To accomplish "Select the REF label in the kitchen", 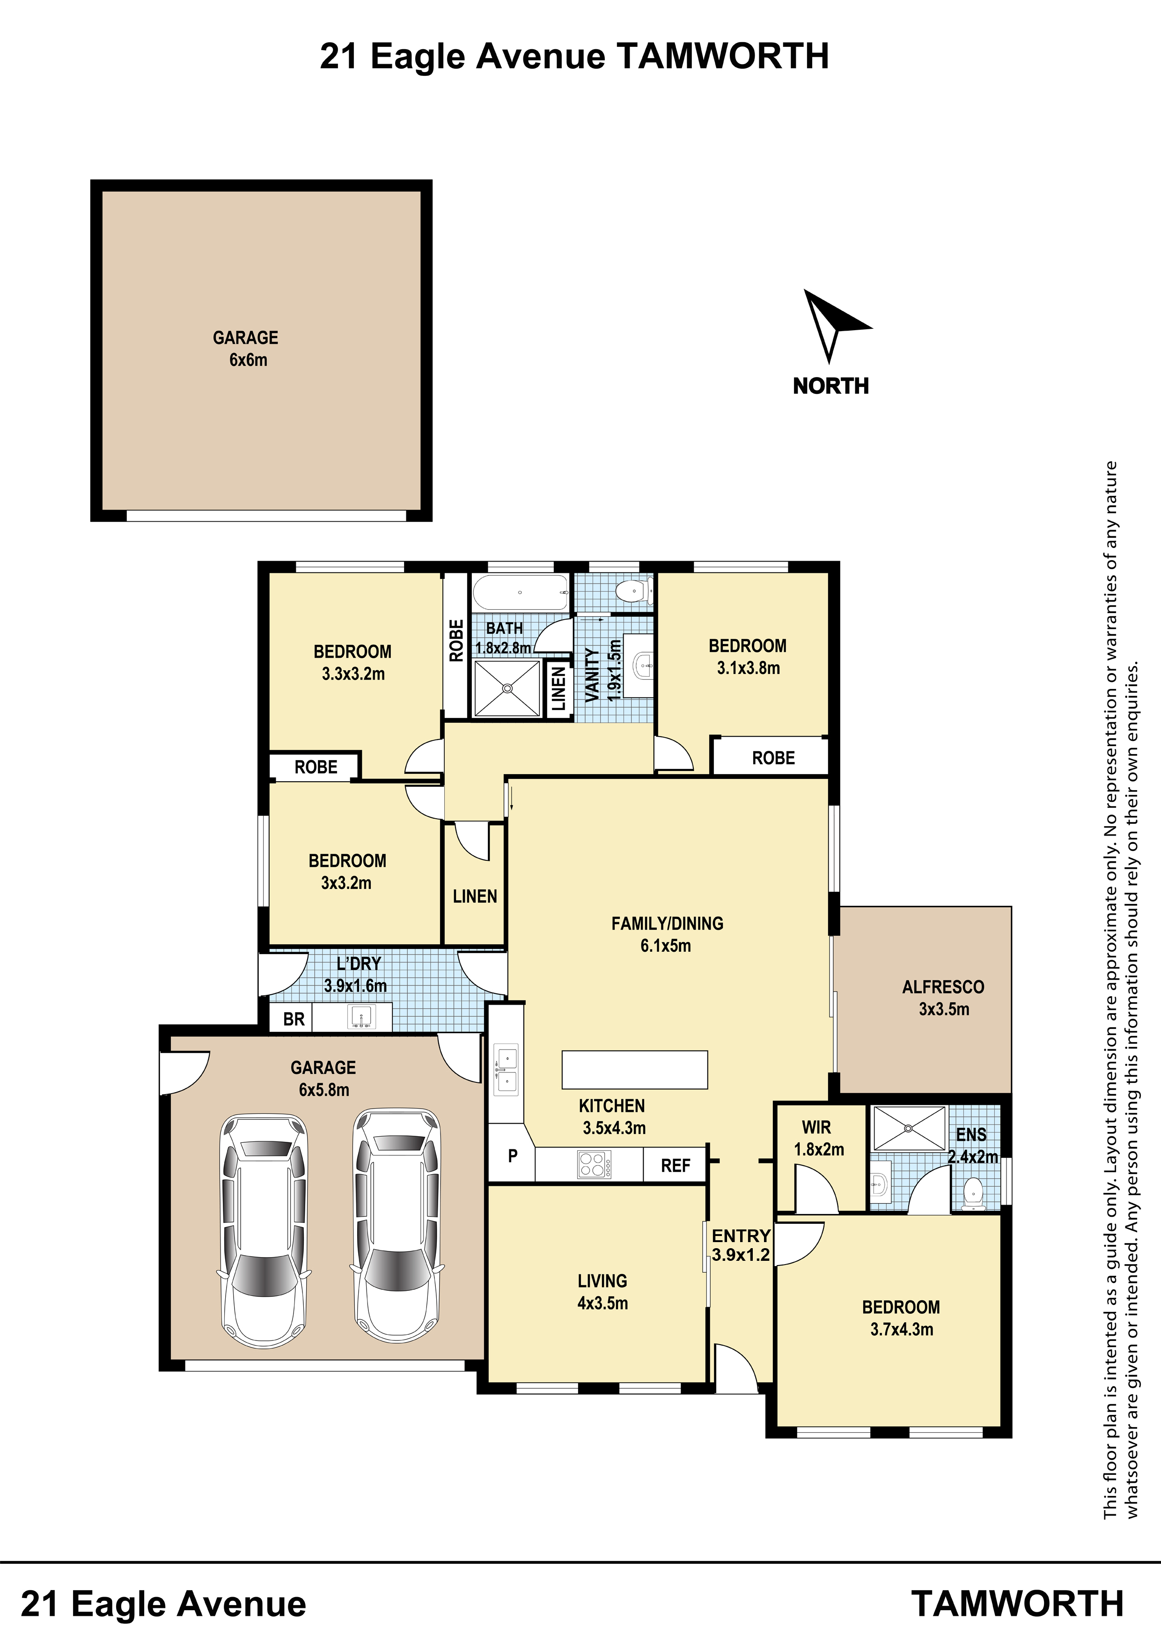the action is (675, 1166).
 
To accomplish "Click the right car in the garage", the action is (397, 1227).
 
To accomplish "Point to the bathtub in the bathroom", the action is (520, 592).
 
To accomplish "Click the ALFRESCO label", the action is (943, 987).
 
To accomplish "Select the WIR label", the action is (816, 1127).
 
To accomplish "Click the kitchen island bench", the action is (634, 1069).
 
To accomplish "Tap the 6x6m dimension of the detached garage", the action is (248, 360).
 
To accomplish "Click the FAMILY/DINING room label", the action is (667, 923).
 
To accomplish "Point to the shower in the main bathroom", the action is (507, 688).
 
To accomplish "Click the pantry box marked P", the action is (512, 1156).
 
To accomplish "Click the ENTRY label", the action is (741, 1236).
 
